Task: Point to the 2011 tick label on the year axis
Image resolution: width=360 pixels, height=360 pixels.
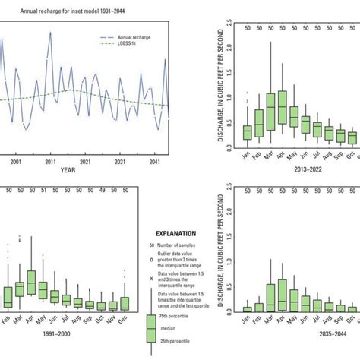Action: [x=50, y=162]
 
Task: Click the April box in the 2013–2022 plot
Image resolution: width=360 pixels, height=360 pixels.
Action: [x=283, y=107]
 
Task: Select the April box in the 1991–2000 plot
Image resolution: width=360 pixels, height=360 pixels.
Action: [x=31, y=282]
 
